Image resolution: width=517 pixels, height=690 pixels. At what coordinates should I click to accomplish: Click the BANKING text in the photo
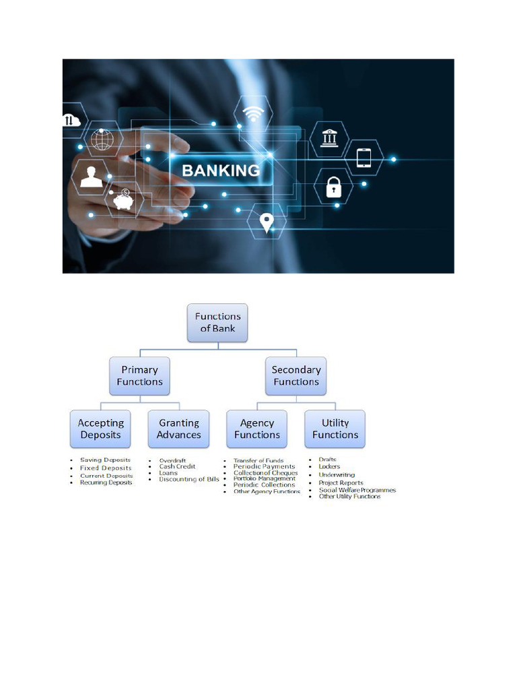point(221,170)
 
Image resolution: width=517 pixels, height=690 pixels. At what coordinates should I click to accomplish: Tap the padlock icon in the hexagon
point(335,186)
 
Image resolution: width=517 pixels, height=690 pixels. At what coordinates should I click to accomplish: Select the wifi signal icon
point(253,115)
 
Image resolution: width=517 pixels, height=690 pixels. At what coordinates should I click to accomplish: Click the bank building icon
point(330,138)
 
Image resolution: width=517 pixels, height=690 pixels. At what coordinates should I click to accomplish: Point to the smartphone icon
point(364,158)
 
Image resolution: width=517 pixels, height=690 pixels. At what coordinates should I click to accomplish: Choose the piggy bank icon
point(123,200)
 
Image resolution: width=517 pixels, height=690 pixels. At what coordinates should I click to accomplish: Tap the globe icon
point(103,139)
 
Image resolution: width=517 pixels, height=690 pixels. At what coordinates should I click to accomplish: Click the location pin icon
point(267,222)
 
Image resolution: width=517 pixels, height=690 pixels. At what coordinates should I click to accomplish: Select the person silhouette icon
point(91,177)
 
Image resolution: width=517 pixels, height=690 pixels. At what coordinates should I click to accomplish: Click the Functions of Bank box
point(217,322)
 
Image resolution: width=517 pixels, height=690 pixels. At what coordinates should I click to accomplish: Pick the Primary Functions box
point(139,375)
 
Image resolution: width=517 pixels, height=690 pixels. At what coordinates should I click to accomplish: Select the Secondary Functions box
point(296,375)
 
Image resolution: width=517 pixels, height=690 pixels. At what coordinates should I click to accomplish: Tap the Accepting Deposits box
point(101,429)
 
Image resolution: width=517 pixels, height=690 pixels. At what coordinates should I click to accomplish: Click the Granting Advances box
point(179,429)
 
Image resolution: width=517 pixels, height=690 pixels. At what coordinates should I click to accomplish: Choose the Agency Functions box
point(257,429)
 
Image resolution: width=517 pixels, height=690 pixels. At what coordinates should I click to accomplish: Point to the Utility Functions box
point(335,429)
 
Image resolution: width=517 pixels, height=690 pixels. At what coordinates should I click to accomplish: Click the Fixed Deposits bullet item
point(106,468)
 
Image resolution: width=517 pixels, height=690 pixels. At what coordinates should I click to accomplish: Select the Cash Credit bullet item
point(177,466)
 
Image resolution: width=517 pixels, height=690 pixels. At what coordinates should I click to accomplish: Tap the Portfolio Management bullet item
point(265,478)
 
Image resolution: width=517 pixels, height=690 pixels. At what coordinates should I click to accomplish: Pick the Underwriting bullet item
point(337,474)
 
